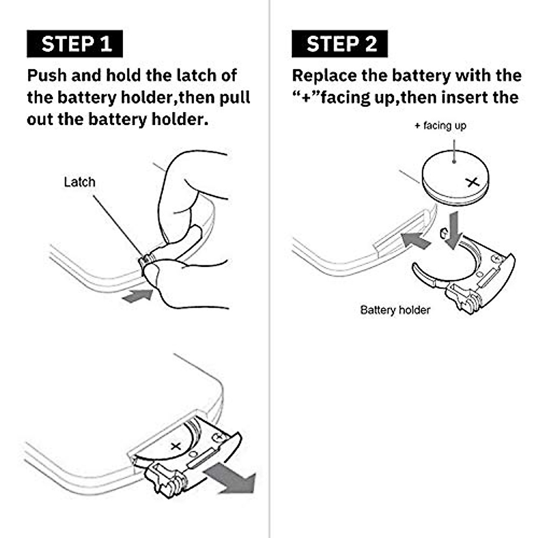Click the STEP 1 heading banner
(x=74, y=44)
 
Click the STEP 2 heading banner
(x=339, y=44)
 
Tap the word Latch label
(x=79, y=182)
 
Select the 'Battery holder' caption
(x=395, y=310)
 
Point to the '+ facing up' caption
(x=440, y=126)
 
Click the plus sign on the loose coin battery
(x=473, y=182)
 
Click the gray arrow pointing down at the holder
(x=454, y=230)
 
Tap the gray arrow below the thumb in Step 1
(x=137, y=295)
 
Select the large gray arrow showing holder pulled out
(x=230, y=480)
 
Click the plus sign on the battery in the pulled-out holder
(x=176, y=447)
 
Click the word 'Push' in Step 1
(x=47, y=76)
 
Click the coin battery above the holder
(x=456, y=178)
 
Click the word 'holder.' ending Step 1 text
(x=180, y=120)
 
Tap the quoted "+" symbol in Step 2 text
(x=306, y=97)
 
